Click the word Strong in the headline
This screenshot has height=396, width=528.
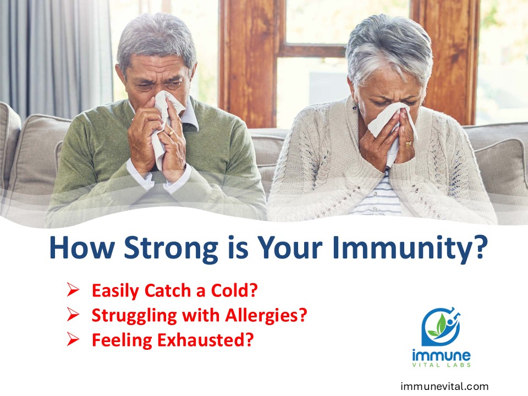[171, 249]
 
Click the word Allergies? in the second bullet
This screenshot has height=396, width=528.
[266, 315]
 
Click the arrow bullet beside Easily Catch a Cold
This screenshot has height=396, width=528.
[73, 290]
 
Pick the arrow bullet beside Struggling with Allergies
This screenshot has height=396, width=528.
[73, 314]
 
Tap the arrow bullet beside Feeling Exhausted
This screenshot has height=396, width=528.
[73, 339]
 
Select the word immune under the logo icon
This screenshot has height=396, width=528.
[441, 355]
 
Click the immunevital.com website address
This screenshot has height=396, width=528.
[444, 386]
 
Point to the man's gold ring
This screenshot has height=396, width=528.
[172, 133]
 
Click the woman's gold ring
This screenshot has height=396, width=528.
[409, 144]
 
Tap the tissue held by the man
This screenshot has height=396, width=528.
[165, 125]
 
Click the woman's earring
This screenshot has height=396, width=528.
[355, 107]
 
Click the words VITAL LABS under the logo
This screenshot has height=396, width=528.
[442, 365]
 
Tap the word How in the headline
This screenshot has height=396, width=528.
[82, 249]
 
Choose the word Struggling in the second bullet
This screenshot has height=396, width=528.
[134, 316]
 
